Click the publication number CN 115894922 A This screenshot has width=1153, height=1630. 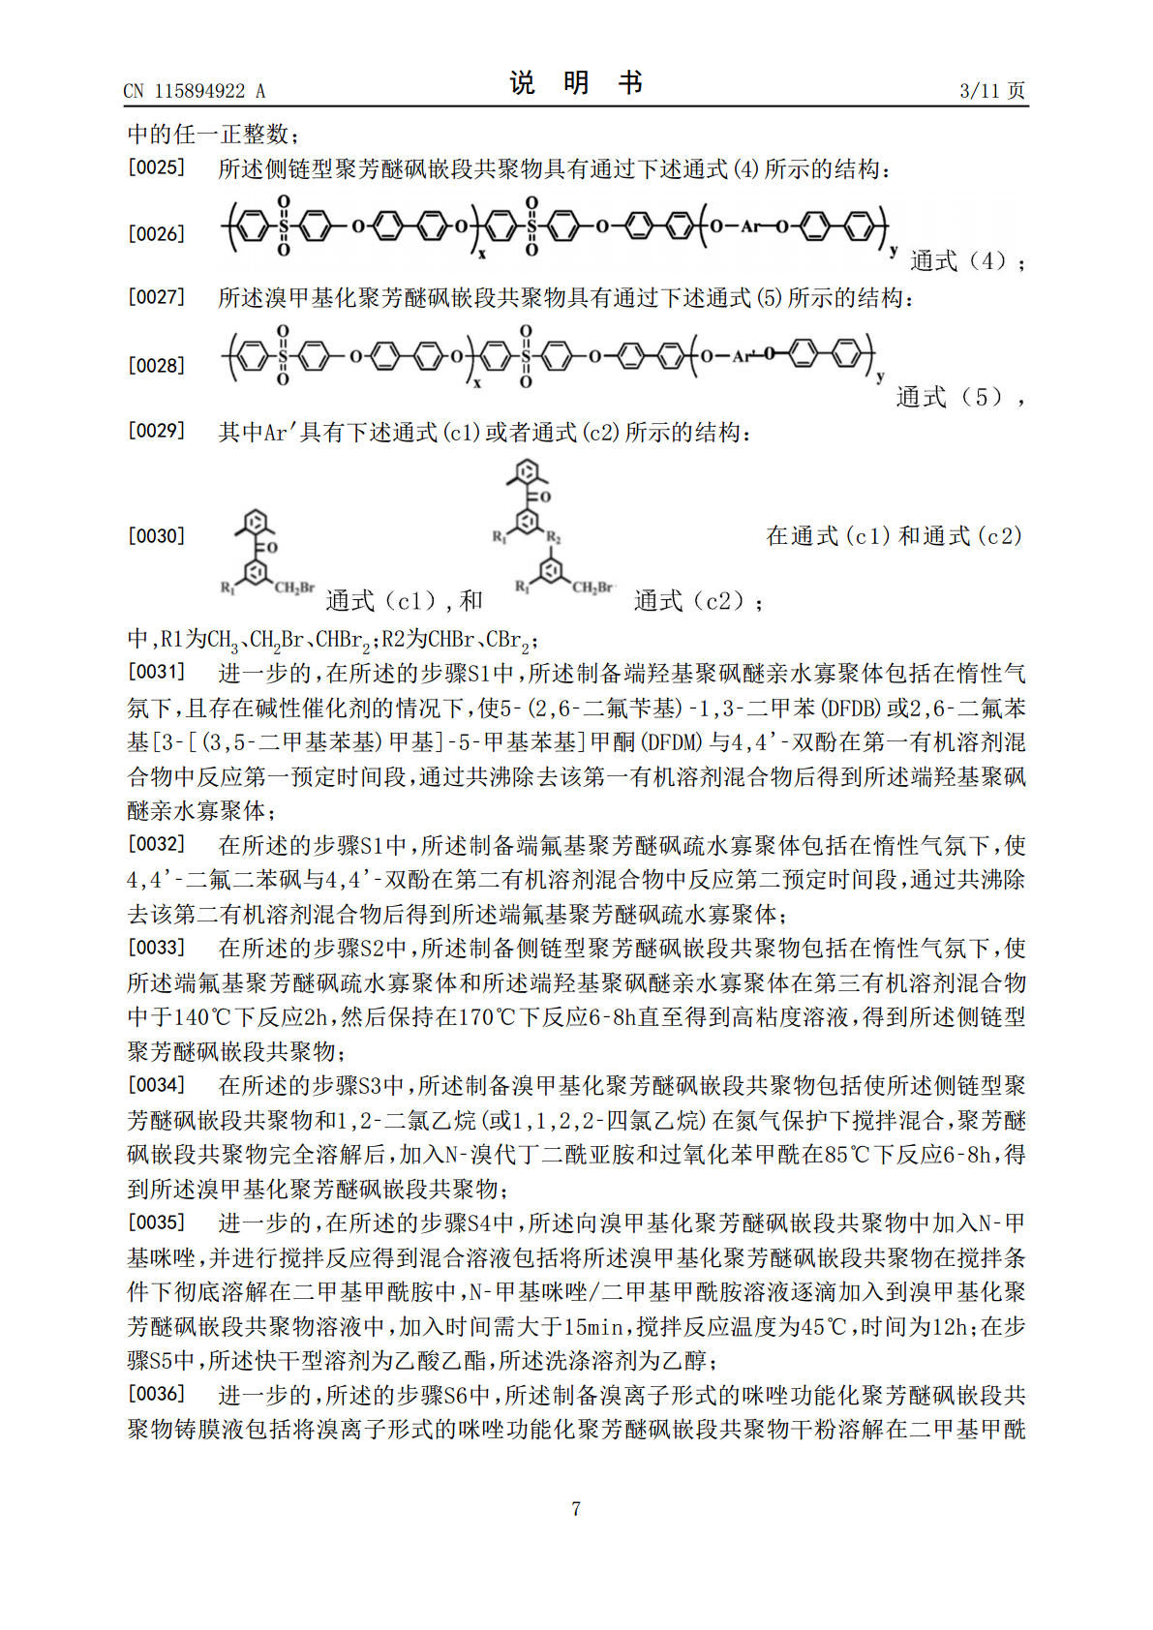[x=194, y=92]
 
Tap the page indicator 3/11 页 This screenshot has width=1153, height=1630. [x=991, y=91]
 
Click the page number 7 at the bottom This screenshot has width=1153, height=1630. [x=576, y=1508]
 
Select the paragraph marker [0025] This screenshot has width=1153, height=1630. [x=156, y=167]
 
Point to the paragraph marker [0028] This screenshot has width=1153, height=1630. [x=156, y=366]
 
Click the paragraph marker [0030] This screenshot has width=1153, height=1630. [x=156, y=536]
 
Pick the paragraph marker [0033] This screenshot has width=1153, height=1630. [x=156, y=948]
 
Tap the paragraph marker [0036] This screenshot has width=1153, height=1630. [x=156, y=1394]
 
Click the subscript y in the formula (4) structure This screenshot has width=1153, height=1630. [x=894, y=251]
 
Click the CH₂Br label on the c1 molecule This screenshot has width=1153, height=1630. [x=294, y=588]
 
